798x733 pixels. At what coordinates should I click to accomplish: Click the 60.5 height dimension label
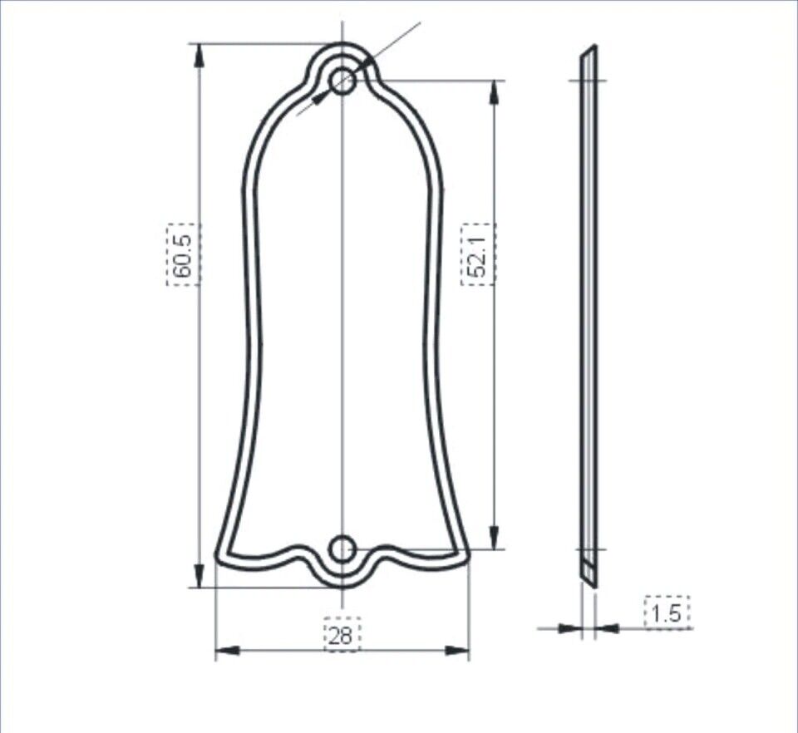[183, 254]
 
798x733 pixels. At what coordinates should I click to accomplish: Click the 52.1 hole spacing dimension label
[478, 254]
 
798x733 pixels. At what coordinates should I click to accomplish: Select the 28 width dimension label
[342, 636]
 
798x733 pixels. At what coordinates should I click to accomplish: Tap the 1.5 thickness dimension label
[667, 613]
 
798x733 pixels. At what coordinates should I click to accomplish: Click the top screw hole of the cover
[342, 81]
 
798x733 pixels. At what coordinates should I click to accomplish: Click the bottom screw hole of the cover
[342, 549]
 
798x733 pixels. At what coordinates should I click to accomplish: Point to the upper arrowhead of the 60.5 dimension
[199, 55]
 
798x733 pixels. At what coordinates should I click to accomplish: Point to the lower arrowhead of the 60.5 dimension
[199, 575]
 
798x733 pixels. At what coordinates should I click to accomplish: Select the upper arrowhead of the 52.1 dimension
[495, 91]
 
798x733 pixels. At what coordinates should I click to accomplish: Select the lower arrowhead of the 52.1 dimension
[495, 538]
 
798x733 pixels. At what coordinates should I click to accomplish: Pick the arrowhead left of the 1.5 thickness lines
[569, 628]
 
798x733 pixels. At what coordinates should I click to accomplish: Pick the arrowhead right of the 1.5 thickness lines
[608, 628]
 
